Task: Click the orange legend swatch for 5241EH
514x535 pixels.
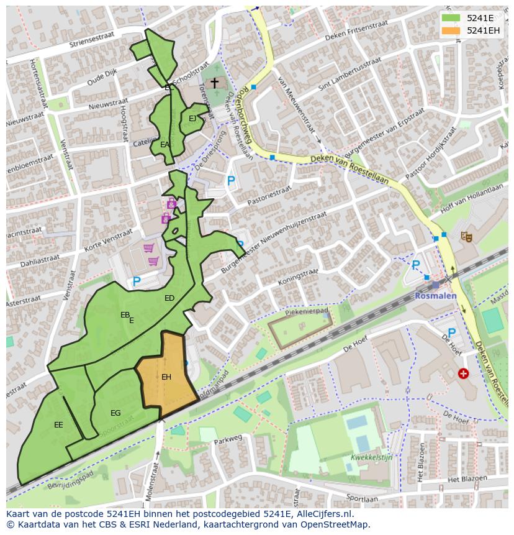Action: [x=451, y=30]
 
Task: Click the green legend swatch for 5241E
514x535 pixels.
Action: [x=451, y=17]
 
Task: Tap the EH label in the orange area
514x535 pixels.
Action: [x=166, y=377]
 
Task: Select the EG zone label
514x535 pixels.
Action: [x=115, y=413]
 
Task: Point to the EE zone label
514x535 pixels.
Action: [x=58, y=425]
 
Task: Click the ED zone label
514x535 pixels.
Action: [x=169, y=298]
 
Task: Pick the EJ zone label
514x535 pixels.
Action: [x=192, y=119]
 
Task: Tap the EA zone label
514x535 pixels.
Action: [x=165, y=145]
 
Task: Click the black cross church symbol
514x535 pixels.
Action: [x=215, y=83]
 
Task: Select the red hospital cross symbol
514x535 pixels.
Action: [x=463, y=373]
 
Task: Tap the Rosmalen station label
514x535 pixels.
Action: [x=436, y=296]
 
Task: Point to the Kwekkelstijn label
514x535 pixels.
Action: [x=372, y=457]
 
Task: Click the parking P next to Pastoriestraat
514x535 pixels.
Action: [x=231, y=181]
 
